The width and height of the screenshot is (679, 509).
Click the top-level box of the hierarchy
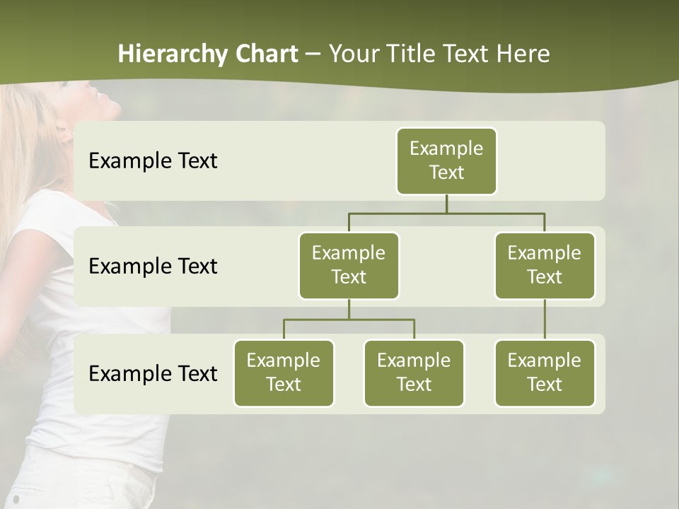click(446, 160)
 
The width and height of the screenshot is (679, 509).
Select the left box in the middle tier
click(349, 265)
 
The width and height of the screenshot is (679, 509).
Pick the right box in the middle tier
click(545, 265)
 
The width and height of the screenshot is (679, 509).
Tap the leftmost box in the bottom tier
click(284, 373)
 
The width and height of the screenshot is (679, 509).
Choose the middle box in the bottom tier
click(414, 373)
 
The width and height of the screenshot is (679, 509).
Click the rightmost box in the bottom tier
click(545, 373)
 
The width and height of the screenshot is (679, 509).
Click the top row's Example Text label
click(153, 160)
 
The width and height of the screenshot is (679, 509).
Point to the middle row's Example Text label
click(153, 266)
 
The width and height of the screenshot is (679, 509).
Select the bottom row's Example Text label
click(153, 373)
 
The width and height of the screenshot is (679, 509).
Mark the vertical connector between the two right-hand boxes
click(545, 320)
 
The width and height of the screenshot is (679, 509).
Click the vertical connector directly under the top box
click(446, 204)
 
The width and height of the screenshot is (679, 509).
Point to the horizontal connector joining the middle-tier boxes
click(446, 213)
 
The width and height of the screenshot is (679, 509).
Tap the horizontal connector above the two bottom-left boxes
click(349, 320)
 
